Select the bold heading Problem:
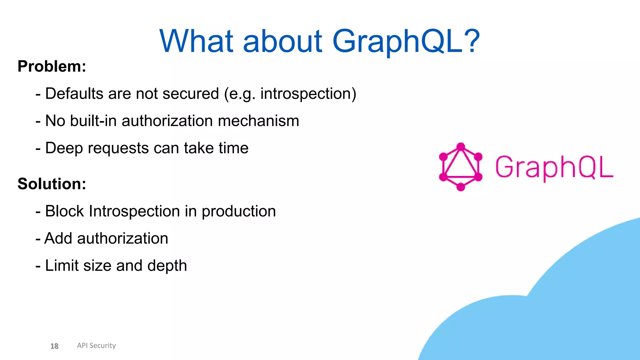click(x=52, y=66)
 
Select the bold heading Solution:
click(x=52, y=184)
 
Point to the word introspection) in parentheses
click(x=308, y=94)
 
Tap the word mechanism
click(x=258, y=121)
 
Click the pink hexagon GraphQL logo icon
click(x=460, y=167)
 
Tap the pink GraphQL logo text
click(x=554, y=167)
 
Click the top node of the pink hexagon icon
click(x=461, y=147)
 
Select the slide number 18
click(x=54, y=346)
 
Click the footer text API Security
click(x=96, y=345)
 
